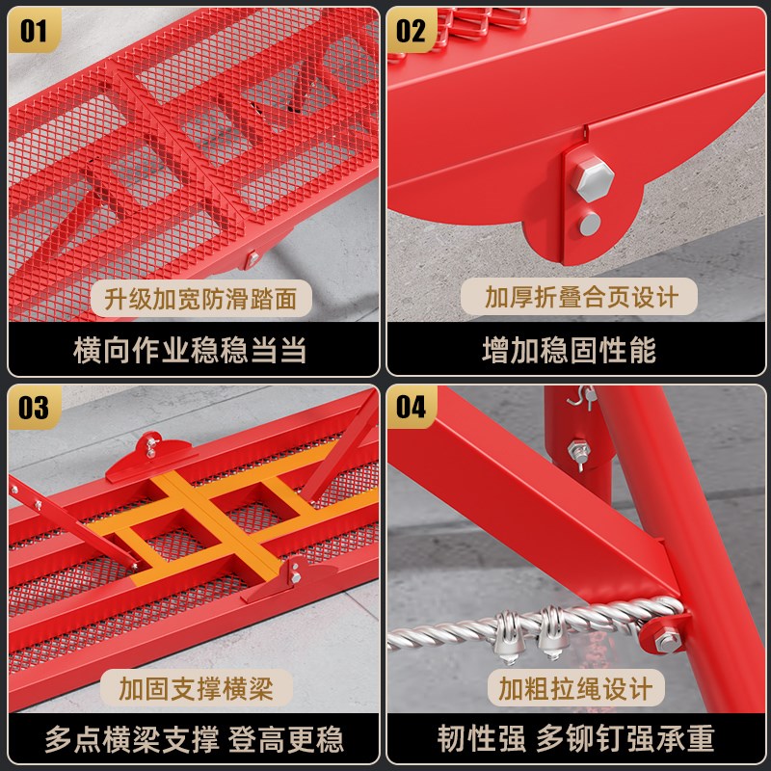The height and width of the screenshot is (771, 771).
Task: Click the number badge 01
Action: click(34, 31)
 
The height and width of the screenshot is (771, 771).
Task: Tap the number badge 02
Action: click(412, 31)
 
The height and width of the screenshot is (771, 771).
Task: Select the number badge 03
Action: click(34, 407)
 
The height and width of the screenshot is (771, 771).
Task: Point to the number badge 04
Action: click(412, 407)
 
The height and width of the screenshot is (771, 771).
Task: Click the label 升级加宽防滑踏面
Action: click(201, 299)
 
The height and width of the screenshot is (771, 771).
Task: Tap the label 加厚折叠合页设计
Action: click(579, 297)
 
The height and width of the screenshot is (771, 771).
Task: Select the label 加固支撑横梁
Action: click(197, 688)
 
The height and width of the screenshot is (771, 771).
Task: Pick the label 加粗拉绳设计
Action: click(576, 688)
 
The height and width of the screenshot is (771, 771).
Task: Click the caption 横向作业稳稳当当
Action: click(190, 350)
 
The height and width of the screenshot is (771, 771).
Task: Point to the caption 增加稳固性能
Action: click(570, 350)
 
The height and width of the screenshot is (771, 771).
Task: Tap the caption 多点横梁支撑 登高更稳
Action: click(195, 738)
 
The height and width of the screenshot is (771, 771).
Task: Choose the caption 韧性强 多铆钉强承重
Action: click(575, 738)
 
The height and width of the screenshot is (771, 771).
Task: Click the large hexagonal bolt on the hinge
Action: click(595, 178)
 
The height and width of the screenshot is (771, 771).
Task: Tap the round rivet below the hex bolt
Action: click(590, 225)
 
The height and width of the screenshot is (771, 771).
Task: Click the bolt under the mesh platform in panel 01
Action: click(253, 257)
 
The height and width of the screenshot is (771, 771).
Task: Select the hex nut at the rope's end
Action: click(667, 640)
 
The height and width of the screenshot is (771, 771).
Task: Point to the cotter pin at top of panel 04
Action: click(583, 396)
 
